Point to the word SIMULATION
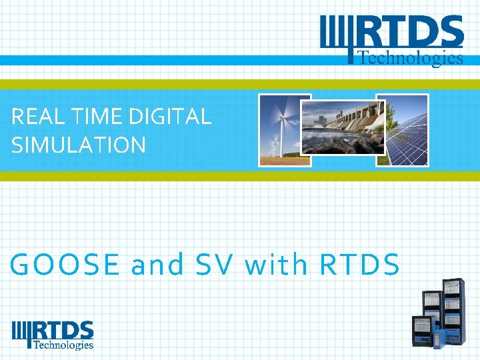point(79,145)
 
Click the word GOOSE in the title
point(65,265)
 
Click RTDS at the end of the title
point(360,265)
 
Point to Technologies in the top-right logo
point(411,58)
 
